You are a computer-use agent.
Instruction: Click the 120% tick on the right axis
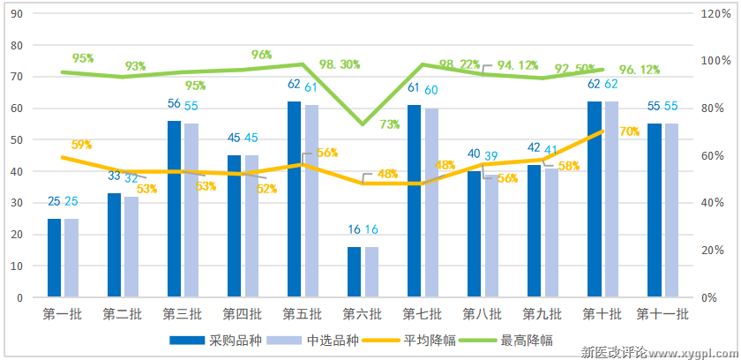pos(715,14)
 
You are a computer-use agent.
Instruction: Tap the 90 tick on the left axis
pos(15,14)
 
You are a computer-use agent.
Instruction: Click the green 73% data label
pos(390,124)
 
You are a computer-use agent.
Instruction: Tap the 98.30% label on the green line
pos(340,64)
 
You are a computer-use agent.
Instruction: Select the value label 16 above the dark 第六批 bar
pos(354,229)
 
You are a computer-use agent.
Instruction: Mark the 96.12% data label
pos(640,70)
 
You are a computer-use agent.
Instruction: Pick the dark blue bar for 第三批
pos(174,208)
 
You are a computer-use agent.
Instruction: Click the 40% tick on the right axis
pos(715,203)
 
